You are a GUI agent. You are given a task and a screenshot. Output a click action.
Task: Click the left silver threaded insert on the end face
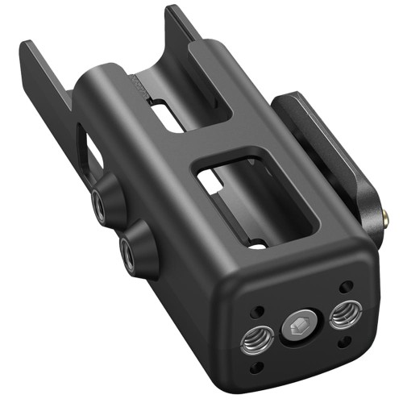(x=256, y=341)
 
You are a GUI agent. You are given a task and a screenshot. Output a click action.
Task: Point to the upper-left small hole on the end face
(x=259, y=311)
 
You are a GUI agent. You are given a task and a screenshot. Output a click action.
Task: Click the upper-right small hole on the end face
(x=345, y=286)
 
